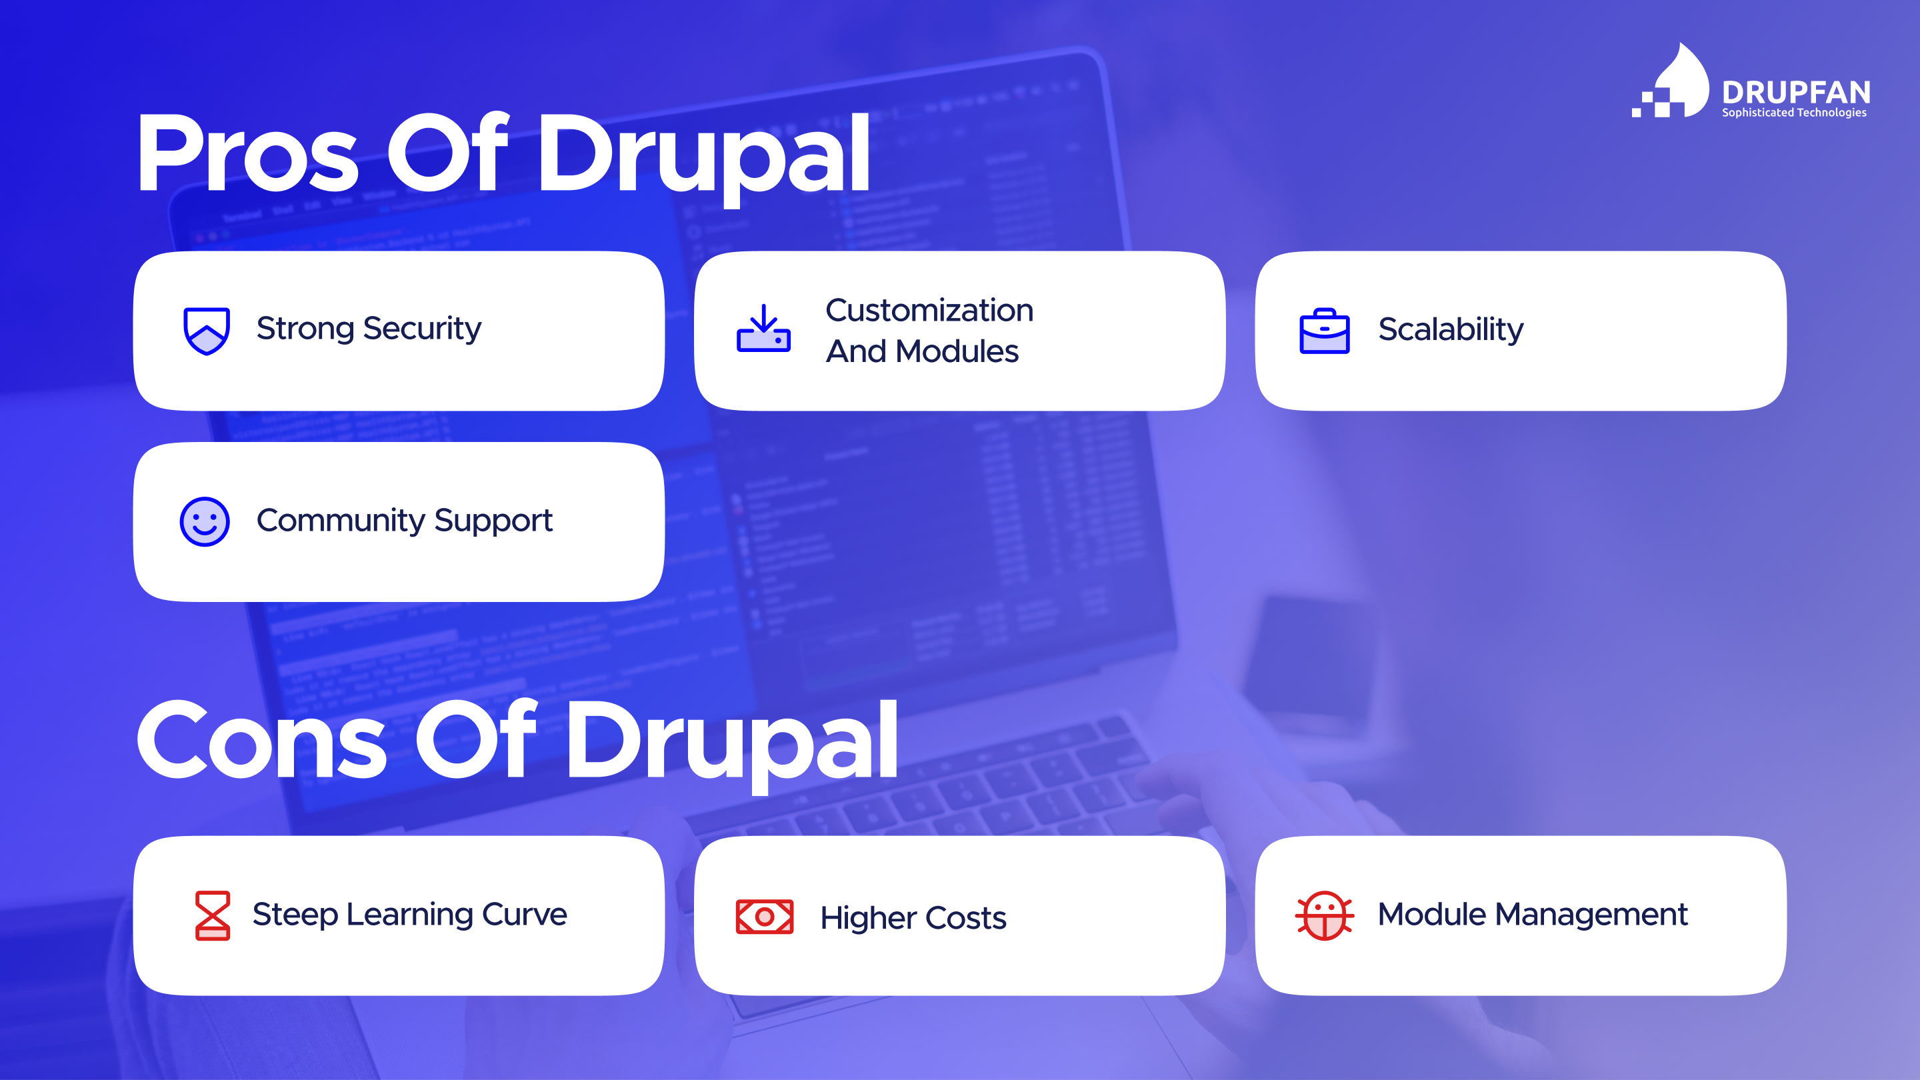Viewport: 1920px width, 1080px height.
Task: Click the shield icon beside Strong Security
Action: coord(207,330)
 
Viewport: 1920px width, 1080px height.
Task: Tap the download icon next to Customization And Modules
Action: coord(763,329)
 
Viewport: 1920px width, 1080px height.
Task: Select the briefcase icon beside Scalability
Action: coord(1324,330)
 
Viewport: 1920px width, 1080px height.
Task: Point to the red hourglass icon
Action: coord(213,915)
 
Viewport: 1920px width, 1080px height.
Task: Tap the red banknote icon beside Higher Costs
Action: coord(764,916)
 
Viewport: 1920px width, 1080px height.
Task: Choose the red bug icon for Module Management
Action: coord(1325,915)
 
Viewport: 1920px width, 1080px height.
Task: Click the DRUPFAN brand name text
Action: coord(1795,93)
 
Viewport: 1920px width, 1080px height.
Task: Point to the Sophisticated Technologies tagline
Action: coord(1793,113)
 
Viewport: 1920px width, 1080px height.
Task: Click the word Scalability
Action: coord(1451,329)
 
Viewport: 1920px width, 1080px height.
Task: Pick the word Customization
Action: coord(929,310)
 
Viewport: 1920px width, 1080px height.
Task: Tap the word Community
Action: coord(341,520)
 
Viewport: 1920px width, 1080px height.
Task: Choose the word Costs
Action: coord(965,917)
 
